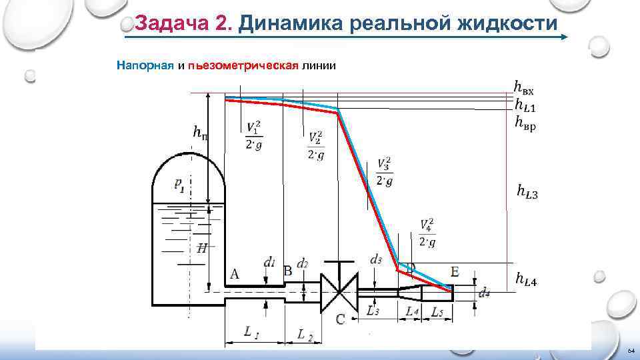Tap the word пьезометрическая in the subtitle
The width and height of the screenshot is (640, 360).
point(243,65)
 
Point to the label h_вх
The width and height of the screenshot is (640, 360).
point(523,87)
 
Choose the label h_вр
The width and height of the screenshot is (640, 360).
point(525,123)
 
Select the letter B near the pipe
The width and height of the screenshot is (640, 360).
point(288,271)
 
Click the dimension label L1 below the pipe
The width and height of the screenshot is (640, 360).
point(251,331)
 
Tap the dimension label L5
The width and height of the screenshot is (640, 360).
point(437,311)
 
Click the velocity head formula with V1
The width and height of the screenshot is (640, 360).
point(253,136)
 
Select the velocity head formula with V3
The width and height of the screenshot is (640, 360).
point(384,172)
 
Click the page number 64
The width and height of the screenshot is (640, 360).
point(630,351)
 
